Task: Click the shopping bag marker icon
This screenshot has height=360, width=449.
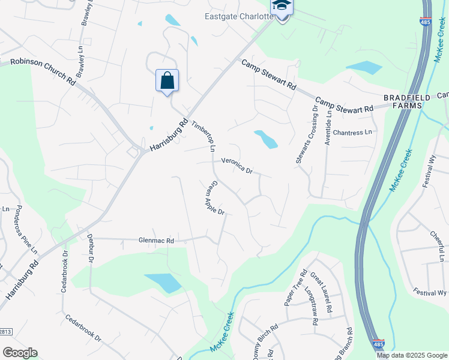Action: click(x=167, y=80)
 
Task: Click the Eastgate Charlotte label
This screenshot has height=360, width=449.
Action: click(x=239, y=16)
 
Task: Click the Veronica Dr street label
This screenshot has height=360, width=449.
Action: click(x=237, y=165)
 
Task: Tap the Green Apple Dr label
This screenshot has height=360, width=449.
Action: click(x=214, y=199)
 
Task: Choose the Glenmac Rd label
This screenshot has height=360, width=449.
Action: click(x=156, y=241)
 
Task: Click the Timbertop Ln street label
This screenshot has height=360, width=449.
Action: click(x=203, y=136)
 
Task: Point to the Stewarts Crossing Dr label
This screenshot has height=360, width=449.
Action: click(x=306, y=134)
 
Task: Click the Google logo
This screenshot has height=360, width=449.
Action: click(x=20, y=353)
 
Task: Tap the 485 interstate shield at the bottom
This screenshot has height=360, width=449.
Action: click(x=378, y=344)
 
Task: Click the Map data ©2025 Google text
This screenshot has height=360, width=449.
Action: click(x=412, y=355)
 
